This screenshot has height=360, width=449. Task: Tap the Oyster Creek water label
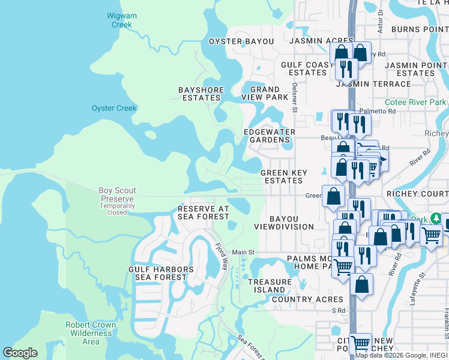114,108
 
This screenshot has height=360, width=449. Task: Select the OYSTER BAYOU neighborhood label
241,41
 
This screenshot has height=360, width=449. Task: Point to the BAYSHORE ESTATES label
201,94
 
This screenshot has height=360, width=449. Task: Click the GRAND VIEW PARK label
265,93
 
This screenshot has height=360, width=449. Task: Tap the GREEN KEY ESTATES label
284,176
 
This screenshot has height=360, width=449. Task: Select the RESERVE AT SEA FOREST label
203,212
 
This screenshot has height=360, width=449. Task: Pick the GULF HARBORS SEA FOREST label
161,274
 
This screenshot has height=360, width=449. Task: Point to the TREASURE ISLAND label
270,286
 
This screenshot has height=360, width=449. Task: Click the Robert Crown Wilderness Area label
91,333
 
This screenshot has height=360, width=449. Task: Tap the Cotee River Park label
415,103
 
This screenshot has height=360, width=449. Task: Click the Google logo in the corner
20,353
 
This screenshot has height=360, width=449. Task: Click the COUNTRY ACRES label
308,299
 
